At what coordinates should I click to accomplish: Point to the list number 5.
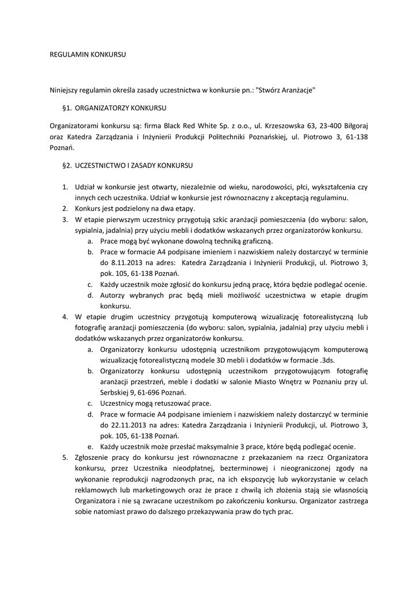pos(65,457)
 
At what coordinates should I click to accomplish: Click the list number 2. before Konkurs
pos(65,209)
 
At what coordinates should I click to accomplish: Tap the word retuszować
pos(167,403)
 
